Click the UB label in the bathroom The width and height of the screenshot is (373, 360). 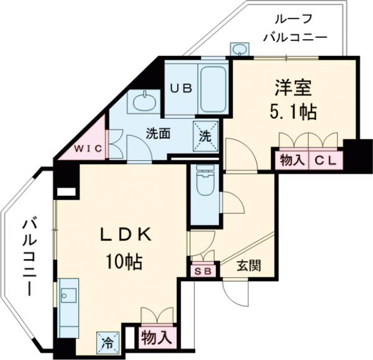point(181,88)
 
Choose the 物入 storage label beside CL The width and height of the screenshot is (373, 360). point(291,160)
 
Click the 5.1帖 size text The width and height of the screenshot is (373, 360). point(293,113)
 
